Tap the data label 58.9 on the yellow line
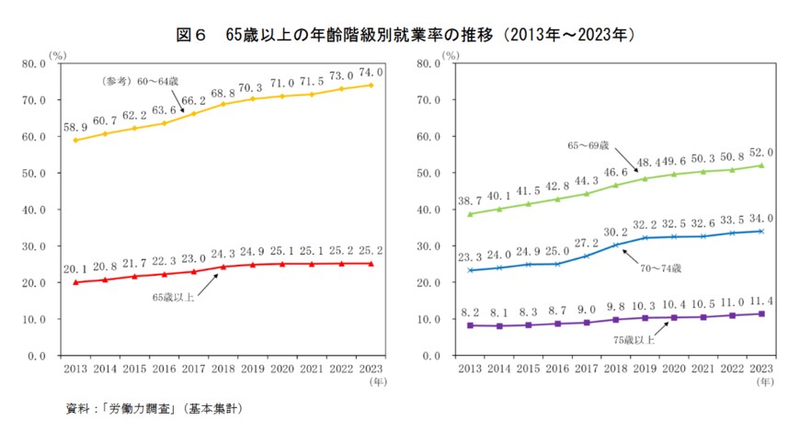point(75,127)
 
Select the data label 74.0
point(370,72)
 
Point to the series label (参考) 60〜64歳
point(135,82)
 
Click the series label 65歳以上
point(172,297)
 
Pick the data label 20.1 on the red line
point(75,269)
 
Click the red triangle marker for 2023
point(371,264)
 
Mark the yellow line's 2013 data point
point(75,141)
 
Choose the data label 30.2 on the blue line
point(614,232)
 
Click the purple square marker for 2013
point(471,325)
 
